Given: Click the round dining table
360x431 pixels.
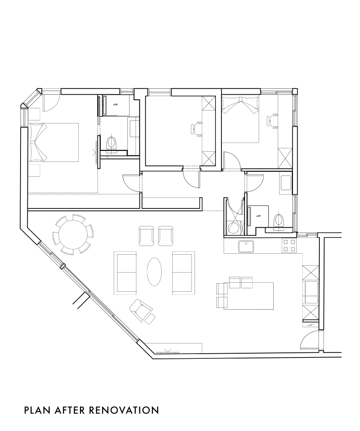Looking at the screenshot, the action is click(73, 234).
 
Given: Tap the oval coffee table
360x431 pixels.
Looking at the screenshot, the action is click(155, 272).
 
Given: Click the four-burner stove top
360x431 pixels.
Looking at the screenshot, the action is click(289, 246).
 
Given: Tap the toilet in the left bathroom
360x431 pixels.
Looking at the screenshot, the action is click(112, 144).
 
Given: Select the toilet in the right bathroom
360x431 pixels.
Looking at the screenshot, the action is click(279, 221).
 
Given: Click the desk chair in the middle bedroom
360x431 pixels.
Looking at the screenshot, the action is click(196, 129).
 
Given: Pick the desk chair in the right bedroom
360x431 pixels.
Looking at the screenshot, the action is click(272, 121).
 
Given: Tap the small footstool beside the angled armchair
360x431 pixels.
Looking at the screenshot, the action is click(150, 319).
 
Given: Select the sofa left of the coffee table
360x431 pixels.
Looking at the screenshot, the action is click(125, 273).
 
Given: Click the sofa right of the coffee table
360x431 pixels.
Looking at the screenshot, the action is click(183, 273).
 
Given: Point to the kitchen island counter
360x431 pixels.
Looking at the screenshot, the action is click(248, 296).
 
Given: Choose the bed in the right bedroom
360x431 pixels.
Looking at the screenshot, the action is click(241, 119).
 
